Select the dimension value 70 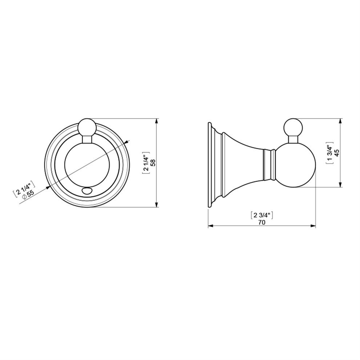point(261,222)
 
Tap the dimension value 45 point(337,153)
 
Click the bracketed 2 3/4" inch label point(261,215)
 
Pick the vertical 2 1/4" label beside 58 point(146,163)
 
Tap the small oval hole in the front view point(87,191)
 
